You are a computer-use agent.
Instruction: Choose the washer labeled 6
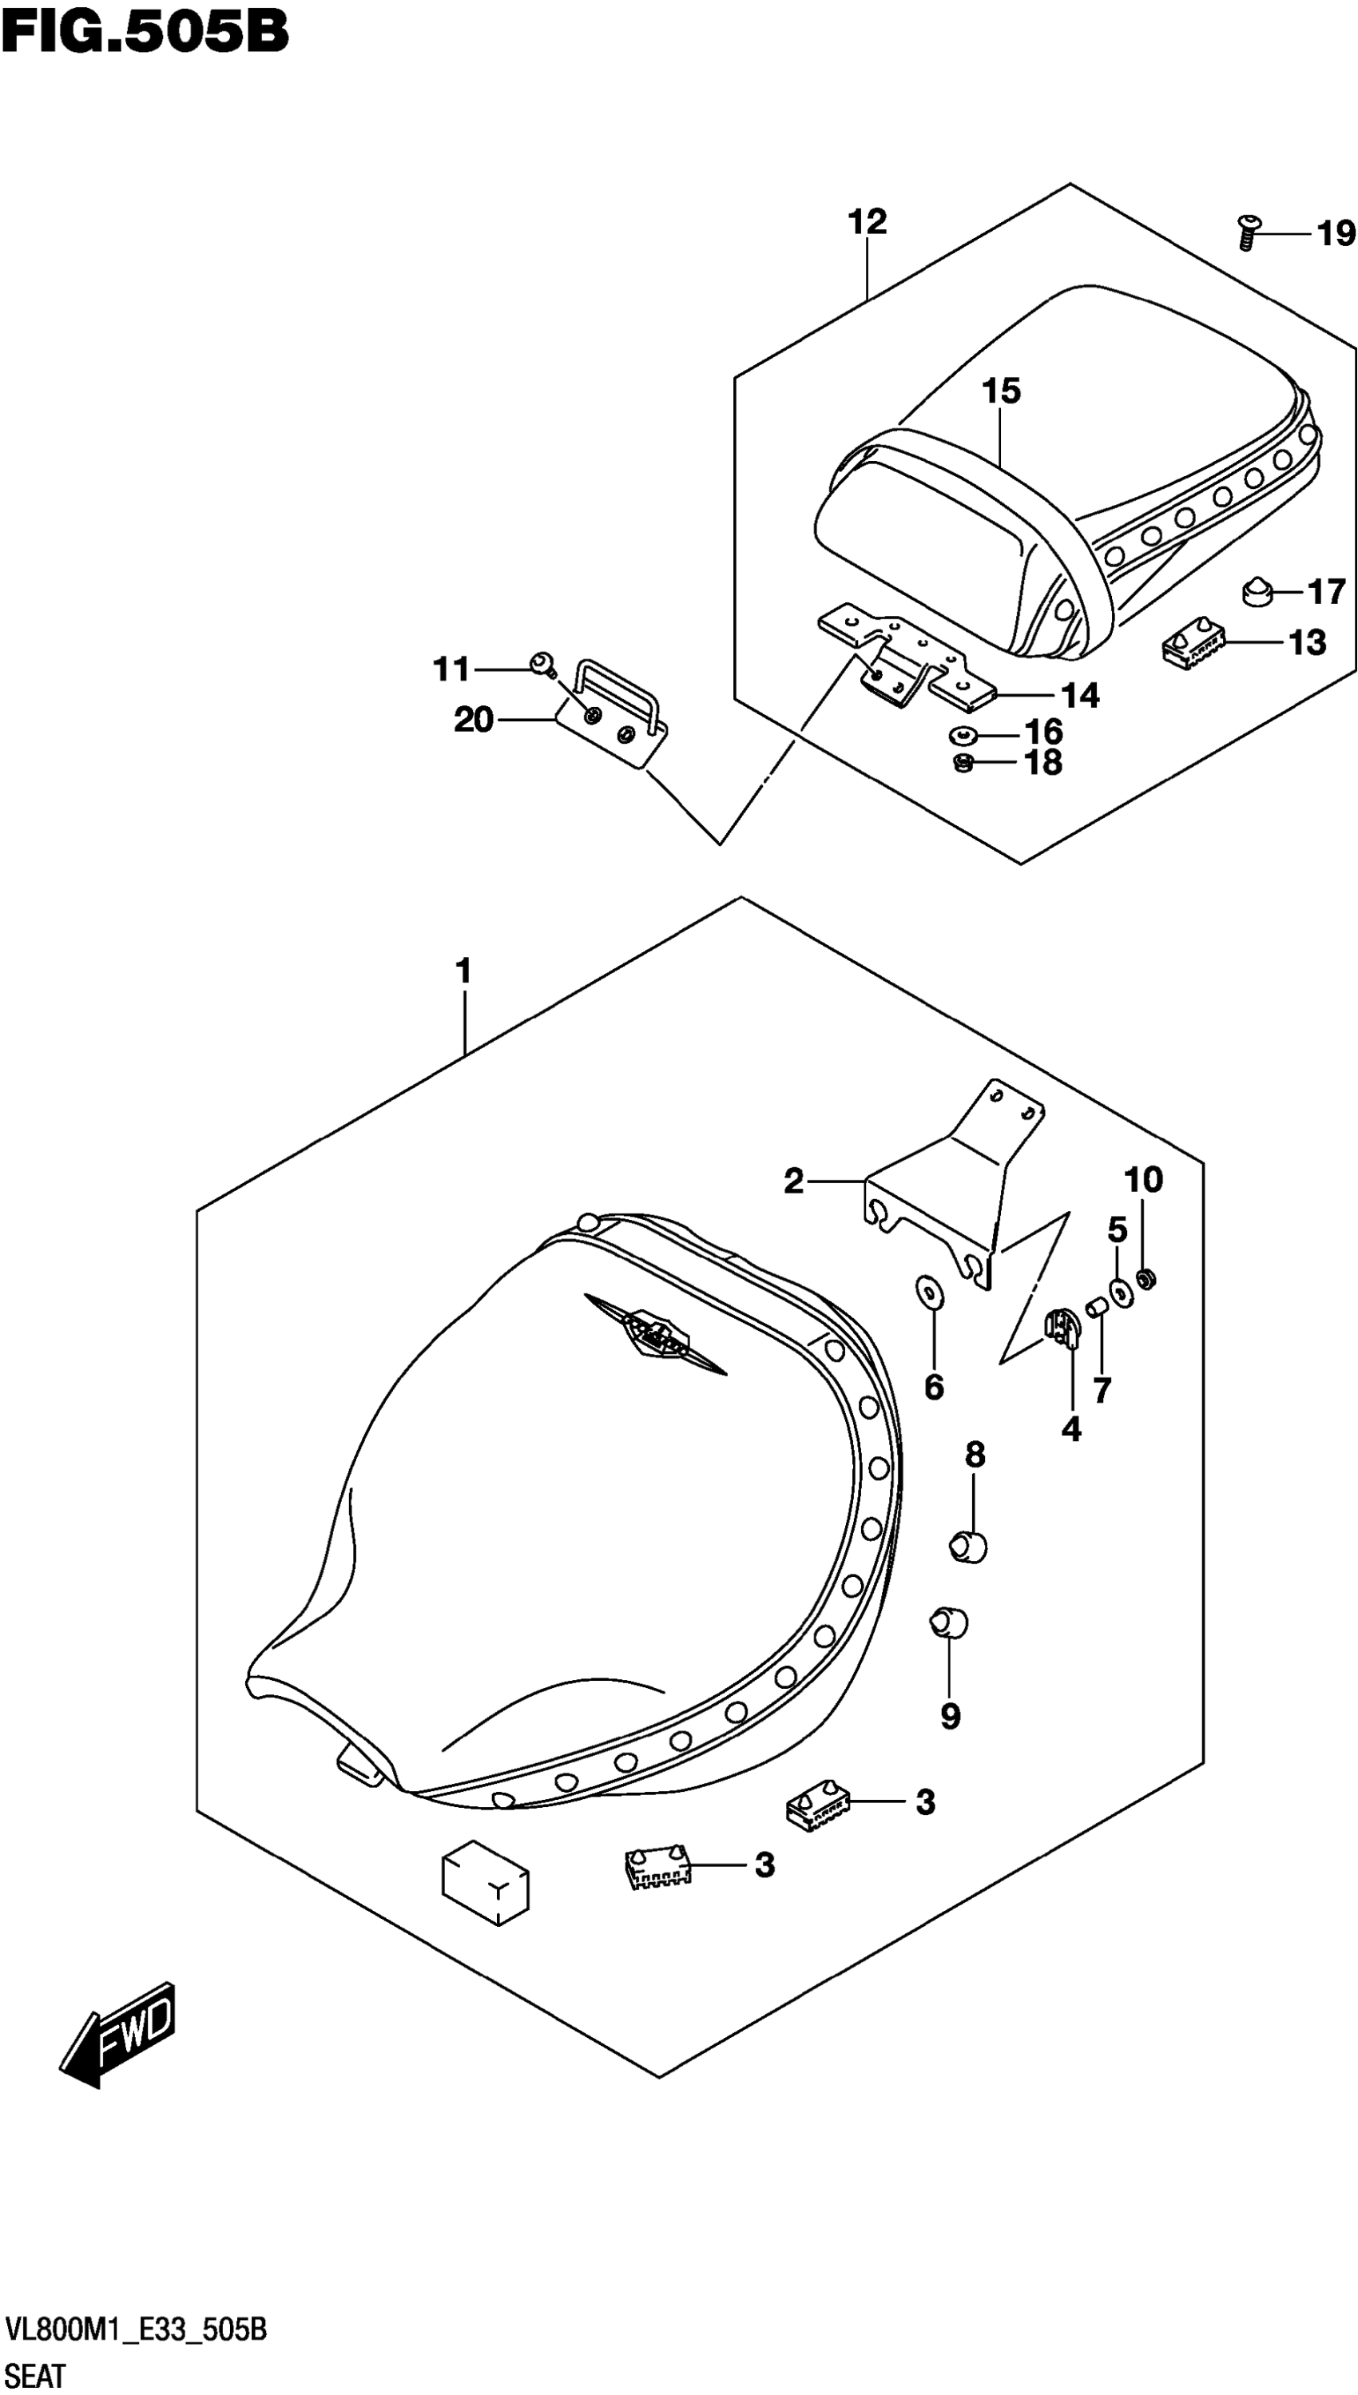click(x=929, y=1293)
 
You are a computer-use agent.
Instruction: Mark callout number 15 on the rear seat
click(x=1000, y=391)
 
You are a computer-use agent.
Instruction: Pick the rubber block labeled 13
click(x=1191, y=645)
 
